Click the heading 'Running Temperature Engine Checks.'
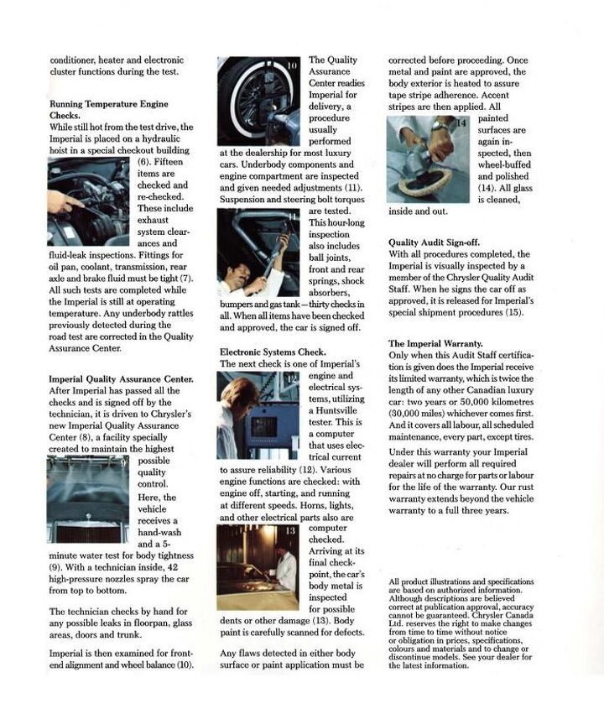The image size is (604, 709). point(108,109)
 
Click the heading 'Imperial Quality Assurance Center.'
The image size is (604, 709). point(122,378)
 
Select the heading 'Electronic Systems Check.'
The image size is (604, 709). point(273,352)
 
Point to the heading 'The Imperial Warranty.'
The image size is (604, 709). point(435,343)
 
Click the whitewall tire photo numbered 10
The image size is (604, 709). point(259,101)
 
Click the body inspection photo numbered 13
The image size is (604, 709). point(258,566)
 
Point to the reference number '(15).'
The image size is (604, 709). point(509,313)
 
